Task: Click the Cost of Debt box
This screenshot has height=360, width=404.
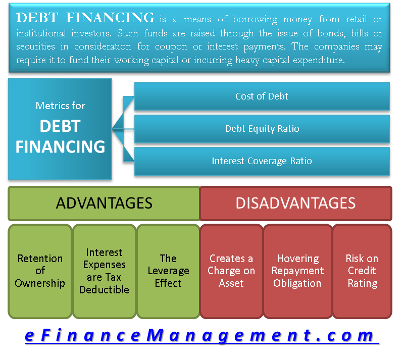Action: pyautogui.click(x=262, y=96)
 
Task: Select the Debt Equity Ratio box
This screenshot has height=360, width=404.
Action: pyautogui.click(x=262, y=129)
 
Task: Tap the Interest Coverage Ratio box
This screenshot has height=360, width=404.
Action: pyautogui.click(x=262, y=161)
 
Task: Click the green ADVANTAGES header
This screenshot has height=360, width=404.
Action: pyautogui.click(x=104, y=203)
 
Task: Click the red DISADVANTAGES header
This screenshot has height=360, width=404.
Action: pyautogui.click(x=295, y=203)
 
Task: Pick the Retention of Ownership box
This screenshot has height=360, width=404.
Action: pyautogui.click(x=40, y=271)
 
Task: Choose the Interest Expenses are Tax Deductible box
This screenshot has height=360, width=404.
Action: pyautogui.click(x=104, y=271)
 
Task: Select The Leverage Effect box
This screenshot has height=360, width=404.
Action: pyautogui.click(x=168, y=271)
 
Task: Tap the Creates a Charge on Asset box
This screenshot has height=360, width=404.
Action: pyautogui.click(x=231, y=271)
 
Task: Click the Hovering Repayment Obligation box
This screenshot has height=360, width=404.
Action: pyautogui.click(x=297, y=271)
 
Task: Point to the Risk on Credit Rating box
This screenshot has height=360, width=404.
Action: pyautogui.click(x=362, y=271)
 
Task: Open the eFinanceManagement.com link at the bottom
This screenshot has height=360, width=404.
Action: pyautogui.click(x=200, y=336)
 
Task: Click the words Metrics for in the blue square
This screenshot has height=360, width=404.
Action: pyautogui.click(x=61, y=106)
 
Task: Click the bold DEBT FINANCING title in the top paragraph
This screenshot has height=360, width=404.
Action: pyautogui.click(x=85, y=19)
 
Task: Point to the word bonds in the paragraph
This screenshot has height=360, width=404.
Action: pyautogui.click(x=299, y=33)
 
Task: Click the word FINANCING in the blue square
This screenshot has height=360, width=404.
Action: pyautogui.click(x=61, y=146)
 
